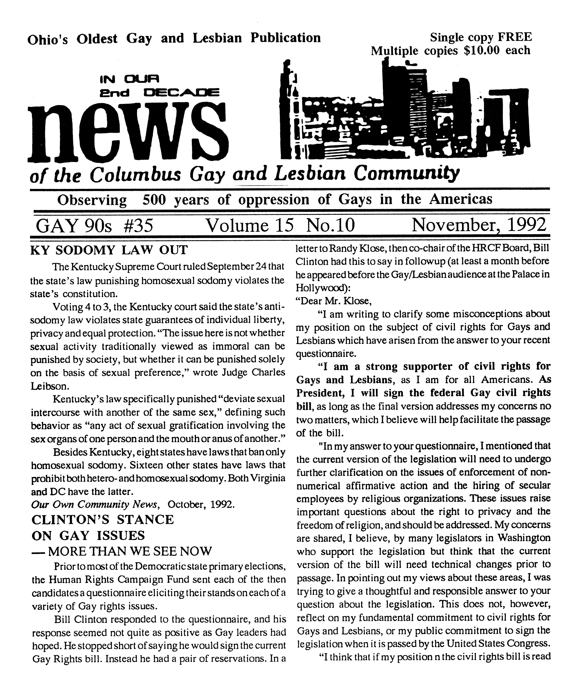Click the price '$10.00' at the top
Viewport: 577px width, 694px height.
tap(482, 51)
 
